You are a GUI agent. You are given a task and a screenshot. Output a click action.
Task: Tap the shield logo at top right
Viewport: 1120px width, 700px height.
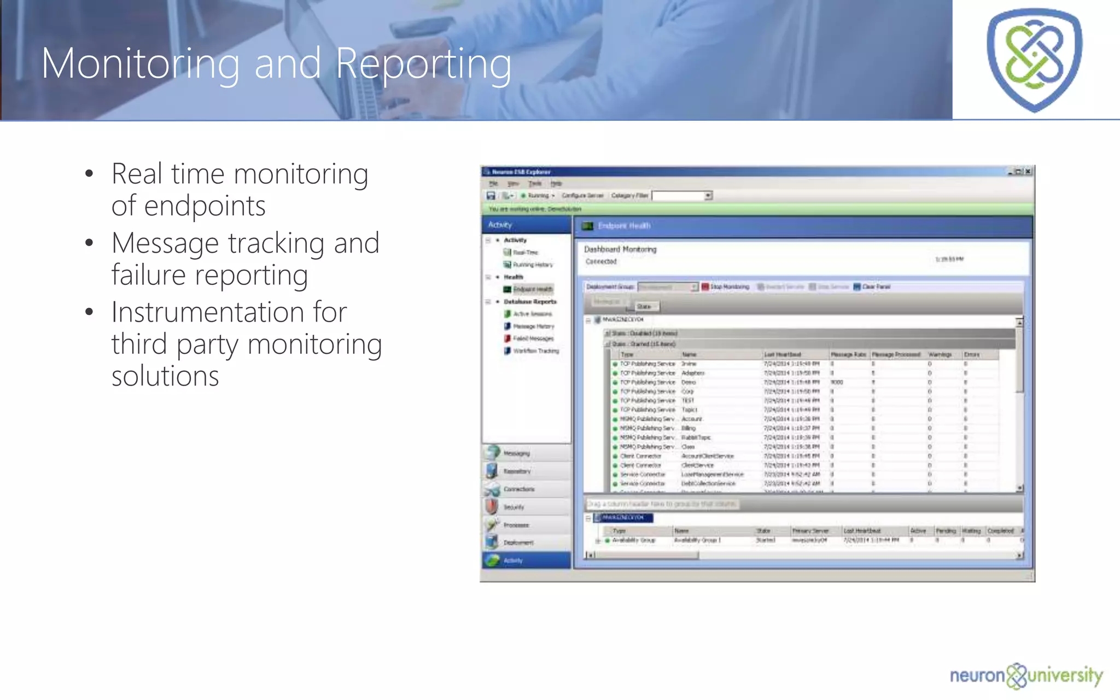(1034, 59)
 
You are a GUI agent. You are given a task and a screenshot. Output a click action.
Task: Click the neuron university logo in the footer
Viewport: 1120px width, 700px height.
(1026, 676)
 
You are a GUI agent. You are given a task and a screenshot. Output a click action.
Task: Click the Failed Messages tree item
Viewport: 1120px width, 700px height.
(532, 339)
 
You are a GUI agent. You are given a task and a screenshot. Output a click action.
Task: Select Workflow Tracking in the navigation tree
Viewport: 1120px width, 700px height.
(535, 351)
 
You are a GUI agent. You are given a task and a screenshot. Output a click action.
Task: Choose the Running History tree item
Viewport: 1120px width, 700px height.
(532, 265)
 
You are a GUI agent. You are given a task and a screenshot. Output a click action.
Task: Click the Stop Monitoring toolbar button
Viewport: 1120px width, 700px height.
(726, 287)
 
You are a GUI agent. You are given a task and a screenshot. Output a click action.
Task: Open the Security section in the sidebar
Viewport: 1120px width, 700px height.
(513, 507)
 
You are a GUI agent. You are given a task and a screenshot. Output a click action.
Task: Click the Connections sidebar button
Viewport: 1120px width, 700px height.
(518, 489)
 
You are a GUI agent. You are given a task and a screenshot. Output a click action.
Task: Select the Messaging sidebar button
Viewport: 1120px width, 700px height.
(516, 453)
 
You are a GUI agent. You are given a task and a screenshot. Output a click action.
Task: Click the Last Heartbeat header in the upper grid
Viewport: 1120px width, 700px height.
(782, 355)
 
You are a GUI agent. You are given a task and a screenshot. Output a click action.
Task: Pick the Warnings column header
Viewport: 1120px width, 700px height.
(940, 355)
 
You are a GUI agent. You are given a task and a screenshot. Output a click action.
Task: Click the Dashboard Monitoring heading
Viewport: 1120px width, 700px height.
(620, 249)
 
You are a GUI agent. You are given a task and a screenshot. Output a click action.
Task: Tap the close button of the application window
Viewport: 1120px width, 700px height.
(1028, 172)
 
